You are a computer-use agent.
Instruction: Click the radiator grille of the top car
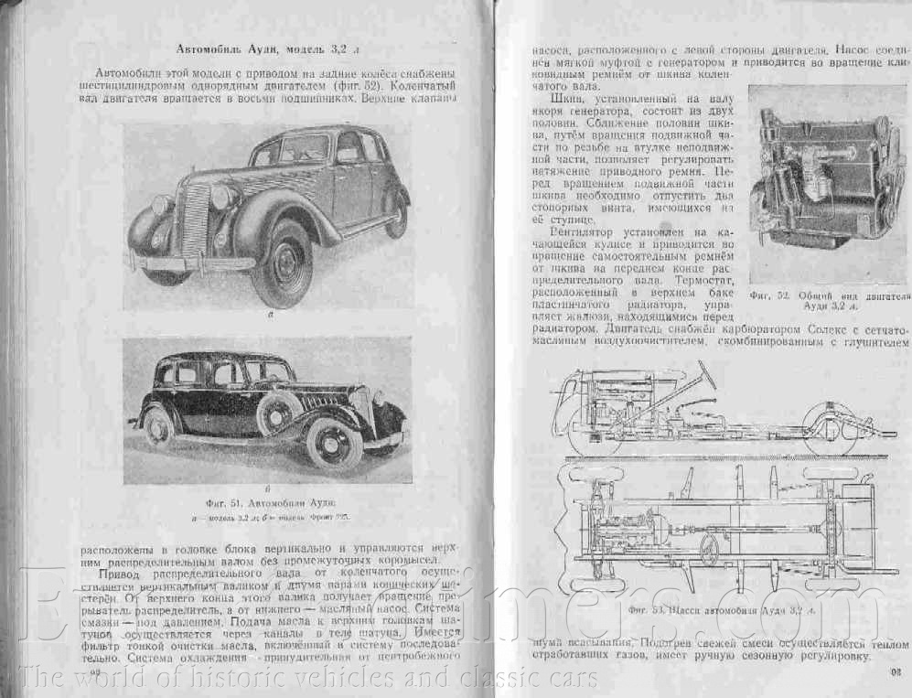click(x=195, y=220)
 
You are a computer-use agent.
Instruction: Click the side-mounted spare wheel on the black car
click(x=277, y=413)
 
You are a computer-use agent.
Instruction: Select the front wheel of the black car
click(x=335, y=445)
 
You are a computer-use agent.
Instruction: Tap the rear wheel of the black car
click(x=159, y=426)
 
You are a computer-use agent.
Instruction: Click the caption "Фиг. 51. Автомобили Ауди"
click(x=268, y=504)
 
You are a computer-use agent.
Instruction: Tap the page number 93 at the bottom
click(x=895, y=673)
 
